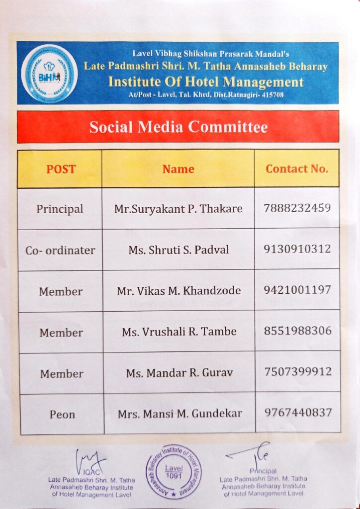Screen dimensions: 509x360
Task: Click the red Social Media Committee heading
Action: [x=178, y=127]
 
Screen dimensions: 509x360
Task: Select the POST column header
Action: [x=61, y=169]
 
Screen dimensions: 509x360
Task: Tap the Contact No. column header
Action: [x=297, y=169]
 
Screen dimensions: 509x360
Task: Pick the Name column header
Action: [x=178, y=169]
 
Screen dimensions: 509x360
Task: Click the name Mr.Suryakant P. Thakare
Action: [x=178, y=209]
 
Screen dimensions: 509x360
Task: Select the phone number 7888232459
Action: [x=297, y=208]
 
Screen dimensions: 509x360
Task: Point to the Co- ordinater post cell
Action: [x=60, y=250]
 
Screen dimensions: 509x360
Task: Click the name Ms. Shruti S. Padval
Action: [x=179, y=250]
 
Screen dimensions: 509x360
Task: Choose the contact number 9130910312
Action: [x=297, y=249]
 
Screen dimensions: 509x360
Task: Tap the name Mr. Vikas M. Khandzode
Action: [x=179, y=291]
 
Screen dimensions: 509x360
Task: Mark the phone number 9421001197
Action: [x=297, y=289]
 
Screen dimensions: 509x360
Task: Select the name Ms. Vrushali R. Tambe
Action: [x=179, y=332]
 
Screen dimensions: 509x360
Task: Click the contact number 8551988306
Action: [x=297, y=331]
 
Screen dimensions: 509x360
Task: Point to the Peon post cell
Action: [x=62, y=414]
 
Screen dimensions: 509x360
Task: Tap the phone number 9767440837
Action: [x=297, y=412]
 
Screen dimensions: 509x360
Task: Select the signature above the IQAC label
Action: [x=90, y=459]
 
